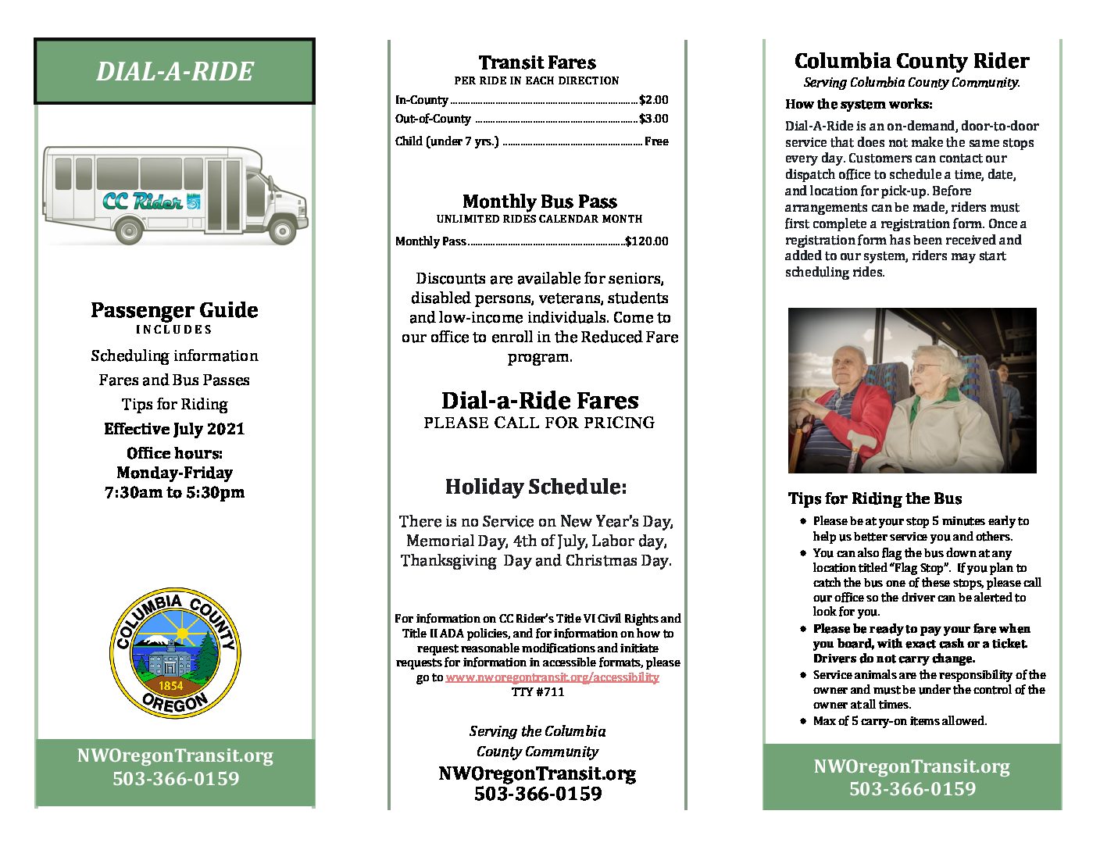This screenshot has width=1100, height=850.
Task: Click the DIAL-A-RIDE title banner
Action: pos(174,71)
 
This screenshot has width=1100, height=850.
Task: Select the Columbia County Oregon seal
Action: pos(174,653)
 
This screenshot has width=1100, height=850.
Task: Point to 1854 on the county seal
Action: pos(170,686)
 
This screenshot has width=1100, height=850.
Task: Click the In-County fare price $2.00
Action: pos(653,100)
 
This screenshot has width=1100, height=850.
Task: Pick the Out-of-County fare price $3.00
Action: pos(653,119)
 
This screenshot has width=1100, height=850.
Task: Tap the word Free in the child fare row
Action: pos(656,141)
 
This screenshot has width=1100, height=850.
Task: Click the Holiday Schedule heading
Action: pos(536,487)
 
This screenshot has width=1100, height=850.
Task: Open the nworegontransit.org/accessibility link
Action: pos(552,677)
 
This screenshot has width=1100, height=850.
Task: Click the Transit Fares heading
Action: pos(537,62)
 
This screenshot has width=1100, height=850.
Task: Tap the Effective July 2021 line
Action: pos(174,429)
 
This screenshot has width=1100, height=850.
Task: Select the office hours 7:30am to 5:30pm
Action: pos(174,492)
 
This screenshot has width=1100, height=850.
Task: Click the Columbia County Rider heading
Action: pos(912,61)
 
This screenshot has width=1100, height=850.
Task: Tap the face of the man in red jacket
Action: pos(848,366)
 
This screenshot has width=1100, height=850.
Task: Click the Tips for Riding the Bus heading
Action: pos(875,498)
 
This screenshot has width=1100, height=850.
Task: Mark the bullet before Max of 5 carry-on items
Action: pos(802,721)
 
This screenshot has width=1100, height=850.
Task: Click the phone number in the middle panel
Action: pos(537,794)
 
